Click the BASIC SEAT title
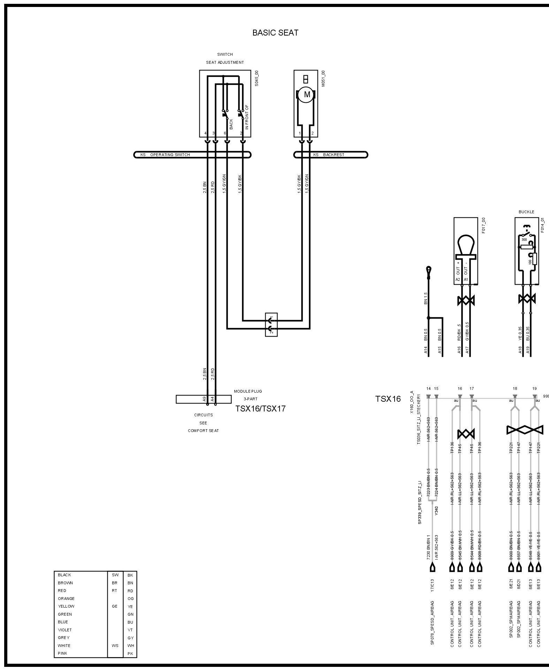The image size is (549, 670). tap(275, 33)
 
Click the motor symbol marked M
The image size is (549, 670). tap(307, 94)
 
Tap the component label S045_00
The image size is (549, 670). tap(257, 78)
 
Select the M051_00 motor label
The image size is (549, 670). tap(323, 78)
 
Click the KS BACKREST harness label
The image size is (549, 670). tap(328, 155)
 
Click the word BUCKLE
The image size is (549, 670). tap(526, 212)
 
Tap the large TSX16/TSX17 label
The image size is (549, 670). tap(260, 409)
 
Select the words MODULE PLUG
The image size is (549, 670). tap(248, 391)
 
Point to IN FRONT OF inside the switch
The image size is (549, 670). tap(247, 117)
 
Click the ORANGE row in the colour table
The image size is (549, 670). tap(66, 598)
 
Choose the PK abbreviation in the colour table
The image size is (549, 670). tap(130, 654)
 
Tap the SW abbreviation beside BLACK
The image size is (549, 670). tap(115, 575)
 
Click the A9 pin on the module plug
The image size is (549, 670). tap(205, 399)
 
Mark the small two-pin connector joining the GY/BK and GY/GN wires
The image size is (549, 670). tap(271, 324)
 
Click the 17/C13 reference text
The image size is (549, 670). tap(433, 585)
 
